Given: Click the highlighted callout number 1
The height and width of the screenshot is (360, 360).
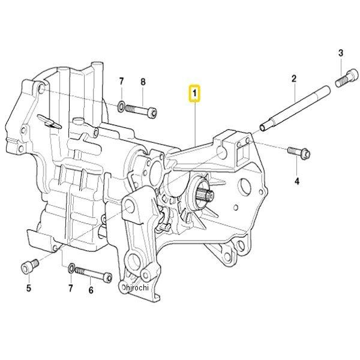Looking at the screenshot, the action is [194, 94].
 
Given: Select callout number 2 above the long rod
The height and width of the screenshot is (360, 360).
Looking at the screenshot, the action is [294, 79].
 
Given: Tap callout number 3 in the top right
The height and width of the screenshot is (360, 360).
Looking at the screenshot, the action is [341, 53].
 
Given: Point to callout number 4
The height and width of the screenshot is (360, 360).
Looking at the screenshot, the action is [297, 181].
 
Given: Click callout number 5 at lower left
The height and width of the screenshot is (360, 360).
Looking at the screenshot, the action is [29, 288].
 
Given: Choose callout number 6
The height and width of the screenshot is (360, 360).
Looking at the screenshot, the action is [91, 290].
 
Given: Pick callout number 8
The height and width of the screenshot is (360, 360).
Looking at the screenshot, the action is [143, 82].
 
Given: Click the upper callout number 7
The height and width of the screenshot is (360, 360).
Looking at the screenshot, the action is [121, 81].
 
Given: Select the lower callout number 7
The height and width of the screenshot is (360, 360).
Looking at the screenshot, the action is [70, 288].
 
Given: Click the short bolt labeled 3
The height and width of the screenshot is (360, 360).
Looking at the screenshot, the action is [347, 79].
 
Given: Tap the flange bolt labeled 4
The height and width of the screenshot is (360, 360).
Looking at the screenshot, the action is [299, 152].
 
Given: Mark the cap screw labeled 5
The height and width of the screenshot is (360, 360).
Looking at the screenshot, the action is [29, 266].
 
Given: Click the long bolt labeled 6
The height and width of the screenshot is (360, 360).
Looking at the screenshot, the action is [94, 274].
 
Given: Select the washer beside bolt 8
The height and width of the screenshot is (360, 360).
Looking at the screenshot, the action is [121, 106].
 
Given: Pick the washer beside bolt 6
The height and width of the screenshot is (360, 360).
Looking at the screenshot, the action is [71, 268].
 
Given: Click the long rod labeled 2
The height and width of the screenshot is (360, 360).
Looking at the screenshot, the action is [295, 109].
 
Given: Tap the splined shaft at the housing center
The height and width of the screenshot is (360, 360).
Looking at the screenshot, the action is [206, 194].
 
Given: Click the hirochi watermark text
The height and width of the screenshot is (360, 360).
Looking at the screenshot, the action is [137, 287].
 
